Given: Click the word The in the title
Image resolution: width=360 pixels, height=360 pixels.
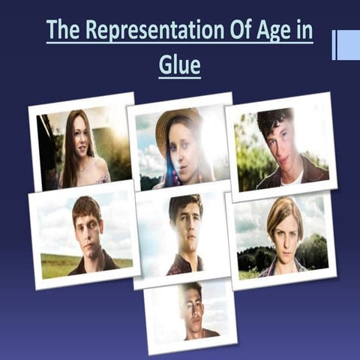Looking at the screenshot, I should click(x=63, y=31).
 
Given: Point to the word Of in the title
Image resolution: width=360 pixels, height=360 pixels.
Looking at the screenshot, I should click(x=238, y=31).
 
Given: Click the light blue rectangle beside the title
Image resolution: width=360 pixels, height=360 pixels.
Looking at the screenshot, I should click(x=348, y=45).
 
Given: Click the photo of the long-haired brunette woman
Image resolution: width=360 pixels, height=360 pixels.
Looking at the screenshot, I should click(x=82, y=146).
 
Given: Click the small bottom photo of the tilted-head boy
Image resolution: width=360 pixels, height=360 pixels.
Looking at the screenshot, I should click(x=190, y=311).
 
